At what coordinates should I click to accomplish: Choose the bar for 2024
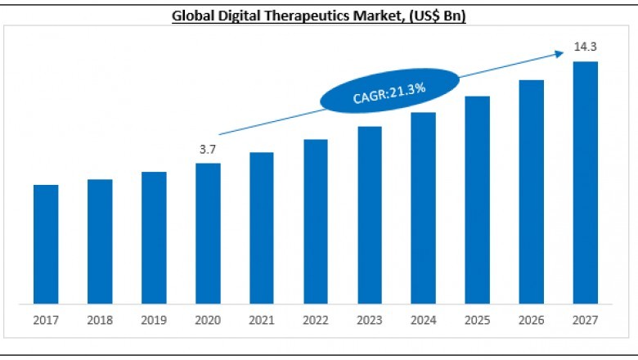423,209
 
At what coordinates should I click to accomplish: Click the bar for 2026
531,193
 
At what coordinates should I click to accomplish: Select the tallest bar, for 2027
585,184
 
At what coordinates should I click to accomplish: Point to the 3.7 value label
208,150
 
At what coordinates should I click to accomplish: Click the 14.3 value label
584,47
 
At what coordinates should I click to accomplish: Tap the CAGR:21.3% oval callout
378,95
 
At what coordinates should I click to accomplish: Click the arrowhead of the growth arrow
560,53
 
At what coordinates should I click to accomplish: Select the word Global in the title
193,15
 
